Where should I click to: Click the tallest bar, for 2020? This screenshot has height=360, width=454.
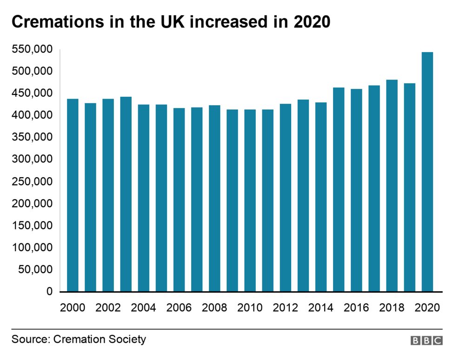pos(427,172)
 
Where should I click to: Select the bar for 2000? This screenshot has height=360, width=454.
pos(73,195)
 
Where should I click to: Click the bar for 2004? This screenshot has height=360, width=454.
pos(144,198)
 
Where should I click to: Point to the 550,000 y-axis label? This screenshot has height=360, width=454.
pos(32,49)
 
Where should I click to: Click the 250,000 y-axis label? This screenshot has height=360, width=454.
pos(32,181)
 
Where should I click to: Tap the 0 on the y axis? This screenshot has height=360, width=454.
pos(49,292)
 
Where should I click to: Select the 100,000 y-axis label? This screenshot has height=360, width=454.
pos(32,247)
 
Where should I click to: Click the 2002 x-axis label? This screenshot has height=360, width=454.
pos(108,308)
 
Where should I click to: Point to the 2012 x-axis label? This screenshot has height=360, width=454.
pos(285,308)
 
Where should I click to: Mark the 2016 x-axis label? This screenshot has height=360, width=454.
pos(356,308)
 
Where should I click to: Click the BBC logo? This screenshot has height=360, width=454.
pos(427,340)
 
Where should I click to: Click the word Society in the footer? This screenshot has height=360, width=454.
pos(127,339)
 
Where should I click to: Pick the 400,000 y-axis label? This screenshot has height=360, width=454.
pos(32,115)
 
